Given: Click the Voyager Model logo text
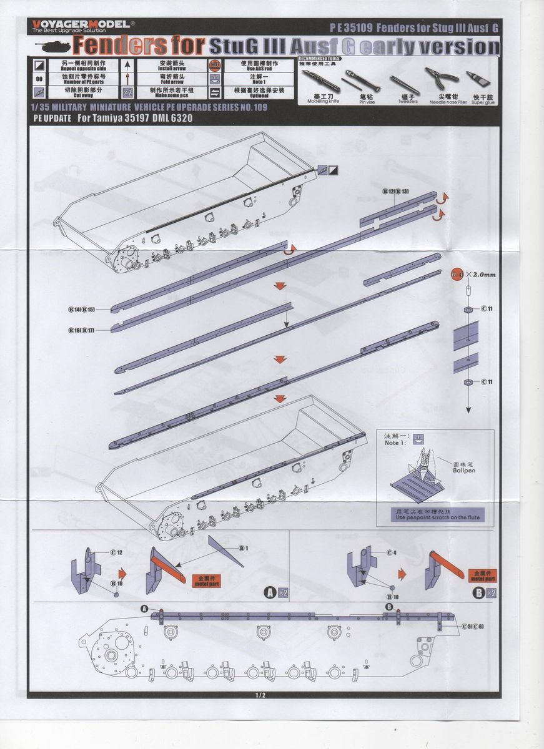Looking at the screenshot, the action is (81, 24).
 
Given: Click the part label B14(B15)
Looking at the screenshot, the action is (82, 310).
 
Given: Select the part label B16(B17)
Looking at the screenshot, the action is (82, 330).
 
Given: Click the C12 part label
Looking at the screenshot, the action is (116, 552).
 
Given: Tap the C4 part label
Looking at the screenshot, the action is (391, 552).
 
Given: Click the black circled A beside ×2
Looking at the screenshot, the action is (270, 592).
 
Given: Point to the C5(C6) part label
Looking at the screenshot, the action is (473, 626).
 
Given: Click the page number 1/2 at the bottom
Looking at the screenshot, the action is (260, 695).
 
